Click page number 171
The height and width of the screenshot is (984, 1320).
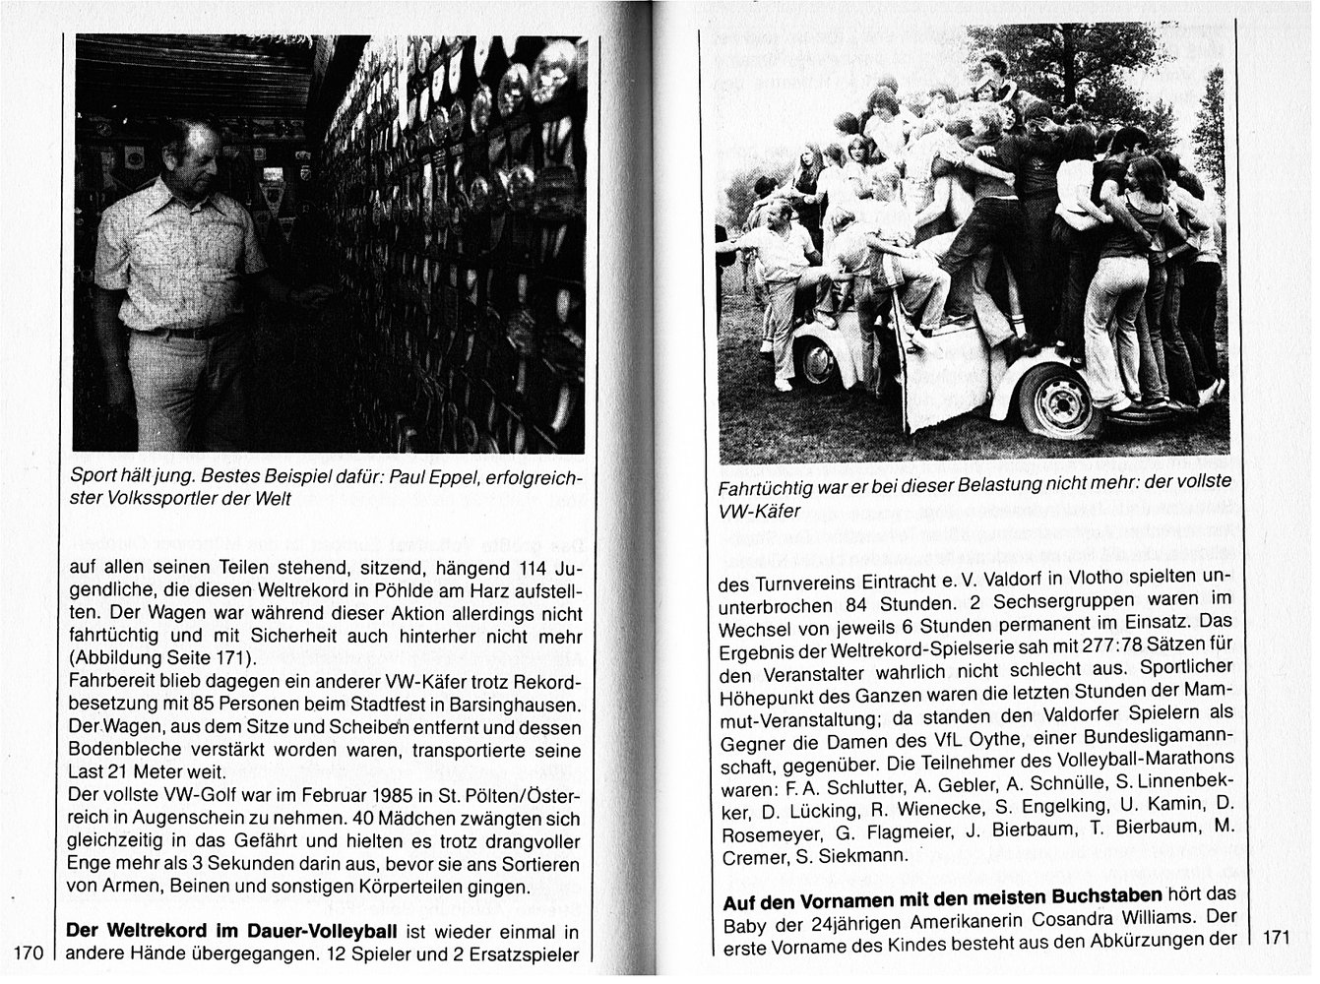[x=1277, y=938]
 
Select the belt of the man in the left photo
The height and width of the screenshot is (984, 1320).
[x=182, y=332]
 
